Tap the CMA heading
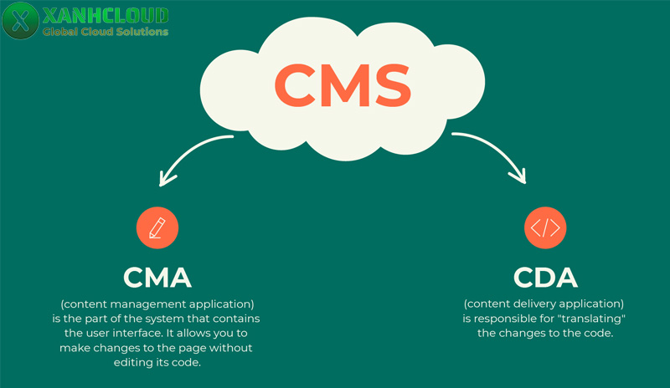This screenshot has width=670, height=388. pos(157,277)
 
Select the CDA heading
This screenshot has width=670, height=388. pos(545,277)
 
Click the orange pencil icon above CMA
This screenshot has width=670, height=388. pos(157,227)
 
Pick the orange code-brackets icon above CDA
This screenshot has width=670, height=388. pos(545,227)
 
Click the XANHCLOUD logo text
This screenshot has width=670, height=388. pos(105,15)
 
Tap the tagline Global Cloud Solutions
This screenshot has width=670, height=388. pos(105,32)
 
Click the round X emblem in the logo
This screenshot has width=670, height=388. pos(20,21)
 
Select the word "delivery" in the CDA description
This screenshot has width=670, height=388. pos(544,304)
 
